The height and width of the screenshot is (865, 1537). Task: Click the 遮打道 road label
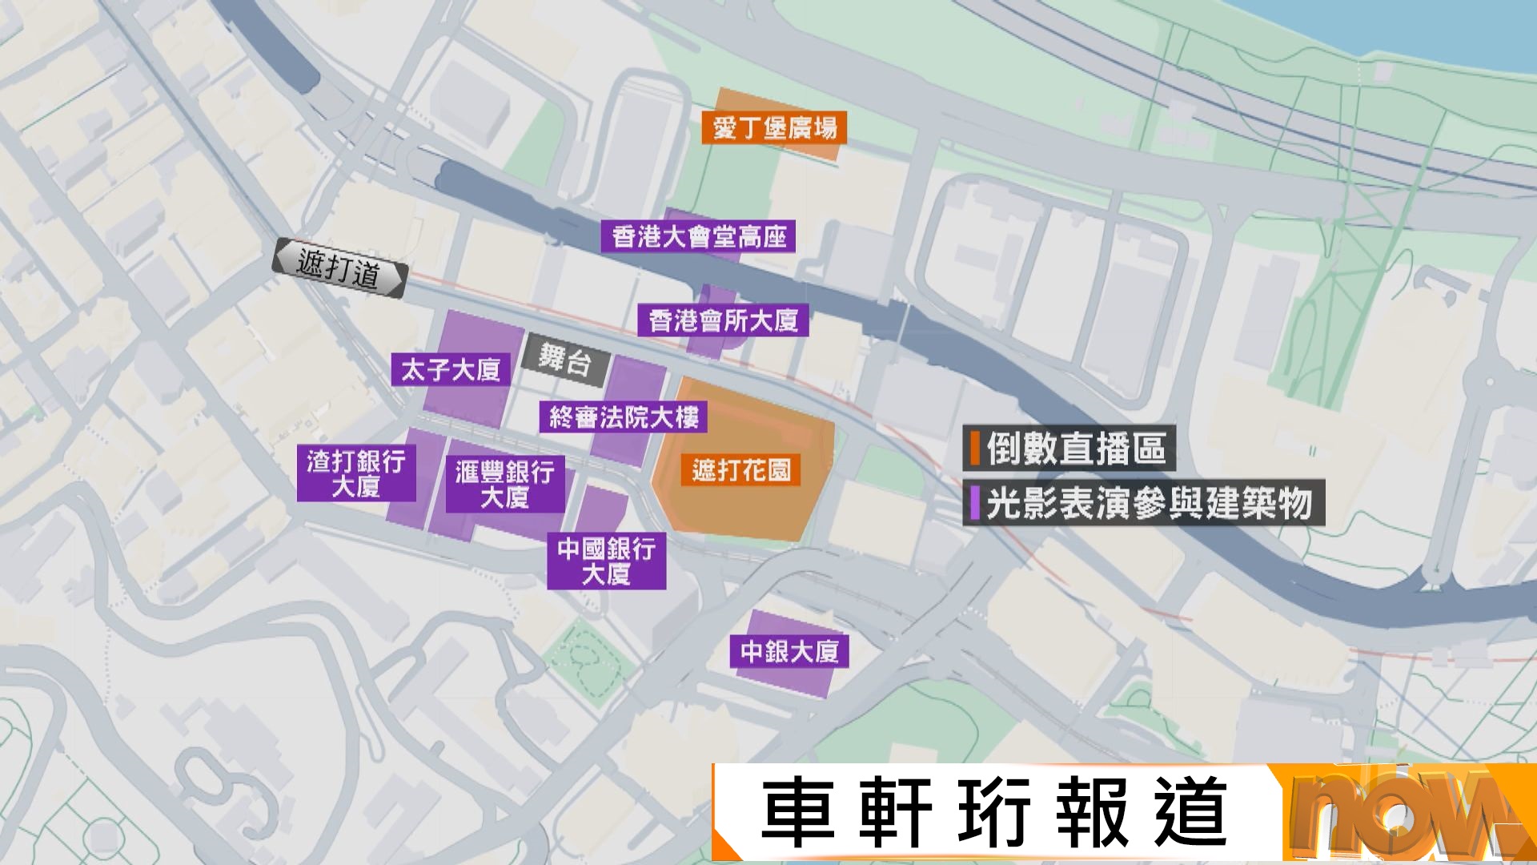[x=339, y=268]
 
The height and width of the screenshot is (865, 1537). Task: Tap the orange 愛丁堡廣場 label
[x=774, y=128]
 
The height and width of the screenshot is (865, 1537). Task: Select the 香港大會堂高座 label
[x=698, y=237]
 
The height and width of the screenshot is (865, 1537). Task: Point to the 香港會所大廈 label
[x=723, y=320]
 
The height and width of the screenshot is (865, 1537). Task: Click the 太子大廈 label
[x=450, y=370]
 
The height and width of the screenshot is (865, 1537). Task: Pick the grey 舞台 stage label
[x=565, y=360]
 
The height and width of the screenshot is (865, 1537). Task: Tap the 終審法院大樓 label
[x=623, y=417]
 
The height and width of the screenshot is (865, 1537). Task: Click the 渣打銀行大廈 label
[x=356, y=473]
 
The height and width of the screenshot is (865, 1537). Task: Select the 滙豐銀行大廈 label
[x=504, y=484]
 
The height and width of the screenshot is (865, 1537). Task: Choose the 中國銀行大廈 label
[x=606, y=561]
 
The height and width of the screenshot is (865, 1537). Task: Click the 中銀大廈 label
[x=789, y=652]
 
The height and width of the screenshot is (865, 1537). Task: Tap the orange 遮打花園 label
[x=741, y=470]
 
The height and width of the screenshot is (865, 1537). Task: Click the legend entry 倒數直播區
[x=1076, y=449]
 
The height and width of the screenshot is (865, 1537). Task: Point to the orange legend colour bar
[x=975, y=449]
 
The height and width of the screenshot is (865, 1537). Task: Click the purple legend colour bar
[x=975, y=503]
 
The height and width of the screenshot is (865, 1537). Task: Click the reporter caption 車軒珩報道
[x=993, y=813]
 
